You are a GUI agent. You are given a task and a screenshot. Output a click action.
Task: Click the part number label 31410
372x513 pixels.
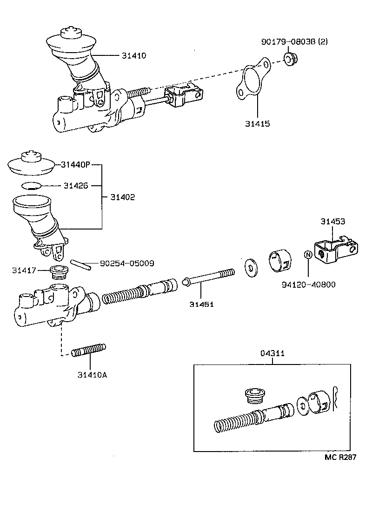click(134, 55)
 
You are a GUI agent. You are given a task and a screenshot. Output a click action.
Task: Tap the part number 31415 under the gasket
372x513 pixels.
click(258, 124)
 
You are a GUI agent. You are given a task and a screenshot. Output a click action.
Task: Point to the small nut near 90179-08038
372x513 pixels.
click(291, 59)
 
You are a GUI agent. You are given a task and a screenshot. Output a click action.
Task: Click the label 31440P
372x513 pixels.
click(75, 164)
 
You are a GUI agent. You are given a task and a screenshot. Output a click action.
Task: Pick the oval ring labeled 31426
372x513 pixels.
click(31, 186)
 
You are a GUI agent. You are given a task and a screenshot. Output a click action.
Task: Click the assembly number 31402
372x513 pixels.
click(123, 197)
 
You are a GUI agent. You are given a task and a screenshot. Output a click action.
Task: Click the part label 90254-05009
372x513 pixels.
click(127, 263)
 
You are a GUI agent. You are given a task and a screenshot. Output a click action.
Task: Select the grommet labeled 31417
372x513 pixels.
click(59, 272)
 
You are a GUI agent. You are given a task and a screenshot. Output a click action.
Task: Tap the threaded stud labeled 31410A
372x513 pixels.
click(89, 351)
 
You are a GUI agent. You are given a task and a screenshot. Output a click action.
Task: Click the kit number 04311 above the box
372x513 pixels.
click(272, 354)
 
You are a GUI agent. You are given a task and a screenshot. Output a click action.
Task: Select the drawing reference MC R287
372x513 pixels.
click(340, 457)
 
